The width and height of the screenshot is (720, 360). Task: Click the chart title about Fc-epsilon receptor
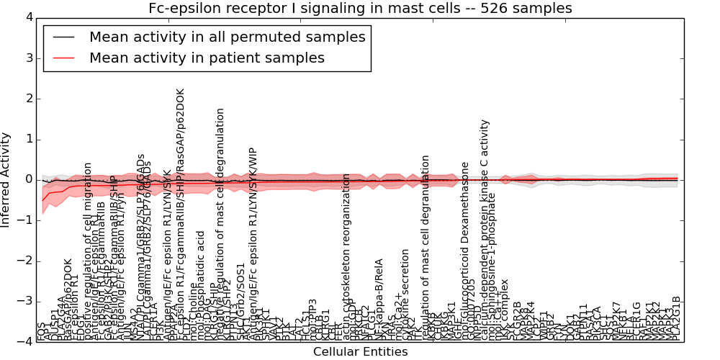pos(360,9)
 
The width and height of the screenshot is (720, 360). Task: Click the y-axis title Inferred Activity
pos(6,180)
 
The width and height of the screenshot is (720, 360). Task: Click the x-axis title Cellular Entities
pos(360,352)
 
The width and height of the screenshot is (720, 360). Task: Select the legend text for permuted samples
pos(227,37)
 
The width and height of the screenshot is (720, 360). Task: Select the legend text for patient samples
pos(207,58)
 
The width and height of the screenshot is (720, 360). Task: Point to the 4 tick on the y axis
pos(28,17)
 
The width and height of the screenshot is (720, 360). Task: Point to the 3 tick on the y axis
pos(28,58)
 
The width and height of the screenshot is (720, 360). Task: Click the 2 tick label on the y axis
pos(28,99)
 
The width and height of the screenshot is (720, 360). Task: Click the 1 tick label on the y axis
pos(28,139)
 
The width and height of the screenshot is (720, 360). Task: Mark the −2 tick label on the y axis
pos(26,261)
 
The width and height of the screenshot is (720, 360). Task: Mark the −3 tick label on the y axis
pos(26,302)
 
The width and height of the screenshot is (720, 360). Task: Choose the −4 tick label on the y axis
pos(26,342)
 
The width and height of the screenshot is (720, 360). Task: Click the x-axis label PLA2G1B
pos(677,318)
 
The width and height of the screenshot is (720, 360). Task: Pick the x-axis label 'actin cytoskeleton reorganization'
pos(347,256)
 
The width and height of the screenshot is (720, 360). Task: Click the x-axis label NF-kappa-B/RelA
pos(379,299)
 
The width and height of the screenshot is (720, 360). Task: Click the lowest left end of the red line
pos(42,200)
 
